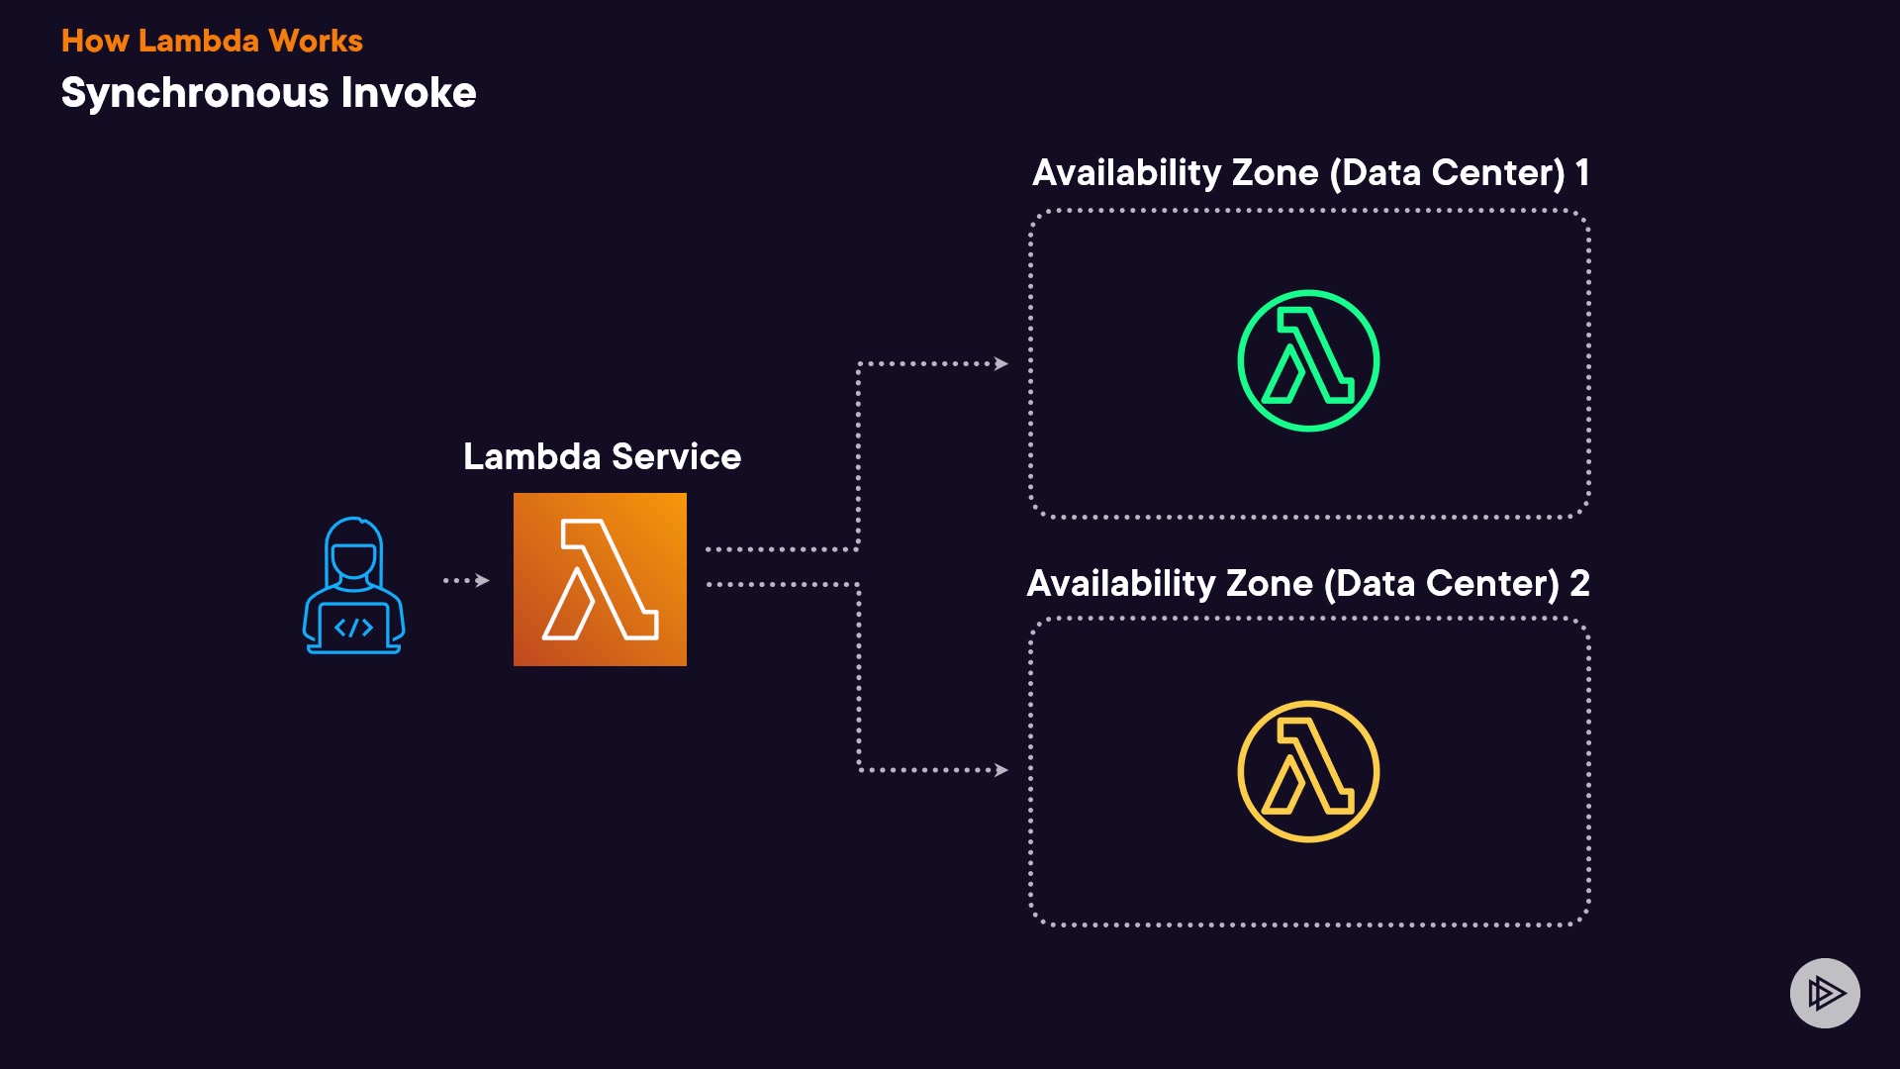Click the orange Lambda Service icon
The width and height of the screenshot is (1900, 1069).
click(x=600, y=579)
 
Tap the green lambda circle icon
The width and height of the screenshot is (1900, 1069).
click(x=1308, y=360)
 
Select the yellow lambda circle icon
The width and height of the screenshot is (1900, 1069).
click(x=1308, y=771)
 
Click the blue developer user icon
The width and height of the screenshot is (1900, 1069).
click(x=353, y=586)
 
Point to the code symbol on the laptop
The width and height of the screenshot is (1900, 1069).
click(x=353, y=628)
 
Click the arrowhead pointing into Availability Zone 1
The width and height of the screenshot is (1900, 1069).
click(x=1001, y=364)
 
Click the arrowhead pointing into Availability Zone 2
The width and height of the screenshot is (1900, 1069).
click(x=1001, y=770)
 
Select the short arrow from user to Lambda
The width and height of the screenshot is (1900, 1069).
click(x=467, y=580)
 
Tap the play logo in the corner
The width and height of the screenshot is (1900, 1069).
click(x=1825, y=993)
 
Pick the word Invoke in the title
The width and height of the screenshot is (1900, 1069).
click(x=409, y=93)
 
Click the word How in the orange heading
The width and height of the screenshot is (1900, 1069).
click(x=95, y=41)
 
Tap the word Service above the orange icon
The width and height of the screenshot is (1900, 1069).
click(x=676, y=456)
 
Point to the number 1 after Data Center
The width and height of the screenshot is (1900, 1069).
click(x=1582, y=172)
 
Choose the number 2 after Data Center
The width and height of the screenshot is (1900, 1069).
click(x=1579, y=583)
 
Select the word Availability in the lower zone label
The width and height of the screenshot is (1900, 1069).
click(x=1121, y=583)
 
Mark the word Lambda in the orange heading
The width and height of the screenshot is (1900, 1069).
click(x=199, y=41)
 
